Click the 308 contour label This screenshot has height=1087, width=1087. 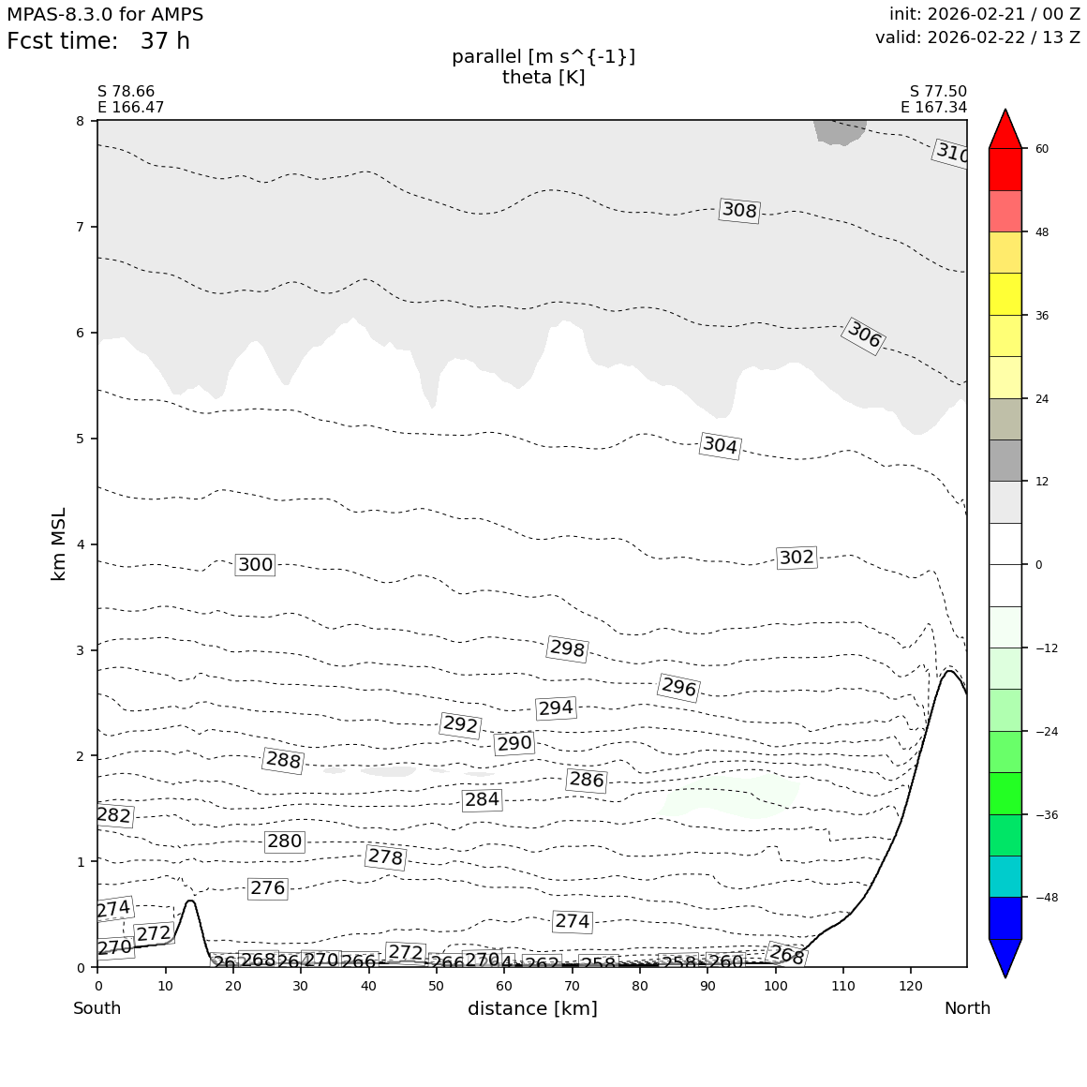pyautogui.click(x=739, y=211)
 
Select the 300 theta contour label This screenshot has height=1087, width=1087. pyautogui.click(x=255, y=565)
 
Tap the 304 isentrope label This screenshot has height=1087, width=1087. pyautogui.click(x=720, y=446)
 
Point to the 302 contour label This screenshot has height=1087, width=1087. pyautogui.click(x=797, y=558)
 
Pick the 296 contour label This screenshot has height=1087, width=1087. pyautogui.click(x=678, y=688)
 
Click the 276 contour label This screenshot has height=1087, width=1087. pyautogui.click(x=267, y=888)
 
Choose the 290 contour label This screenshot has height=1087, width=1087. pyautogui.click(x=514, y=744)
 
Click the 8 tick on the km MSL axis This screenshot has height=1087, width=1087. pyautogui.click(x=80, y=121)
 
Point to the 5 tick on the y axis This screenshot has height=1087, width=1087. pyautogui.click(x=80, y=439)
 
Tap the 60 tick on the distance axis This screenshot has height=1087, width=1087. pyautogui.click(x=504, y=987)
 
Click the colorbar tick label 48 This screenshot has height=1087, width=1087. pyautogui.click(x=1041, y=232)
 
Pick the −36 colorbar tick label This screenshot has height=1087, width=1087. pyautogui.click(x=1045, y=814)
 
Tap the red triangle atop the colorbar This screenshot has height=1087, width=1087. pyautogui.click(x=1005, y=130)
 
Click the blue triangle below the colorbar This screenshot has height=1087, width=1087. pyautogui.click(x=1005, y=957)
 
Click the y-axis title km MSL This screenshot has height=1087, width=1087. pyautogui.click(x=59, y=543)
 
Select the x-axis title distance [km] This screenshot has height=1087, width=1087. pyautogui.click(x=532, y=1009)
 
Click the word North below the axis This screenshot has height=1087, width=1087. pyautogui.click(x=967, y=1009)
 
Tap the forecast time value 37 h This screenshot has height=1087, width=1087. pyautogui.click(x=165, y=42)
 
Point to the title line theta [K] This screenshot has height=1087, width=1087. pyautogui.click(x=543, y=78)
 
